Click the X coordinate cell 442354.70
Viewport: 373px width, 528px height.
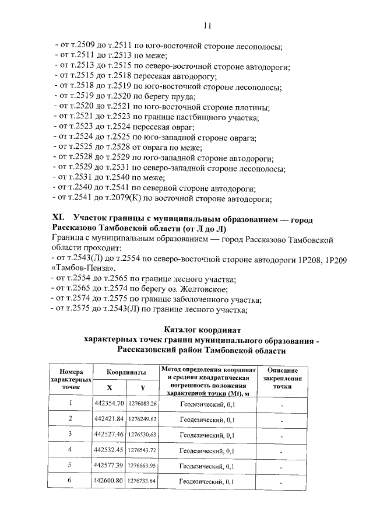pos(109,404)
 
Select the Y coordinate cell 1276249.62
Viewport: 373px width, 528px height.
pos(142,419)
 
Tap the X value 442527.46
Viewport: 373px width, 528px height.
pos(109,435)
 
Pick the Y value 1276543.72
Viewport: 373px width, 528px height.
pos(142,450)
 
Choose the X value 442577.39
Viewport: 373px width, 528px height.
pos(109,466)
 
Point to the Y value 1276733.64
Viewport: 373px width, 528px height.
pos(142,481)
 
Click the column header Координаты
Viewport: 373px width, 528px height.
pos(125,372)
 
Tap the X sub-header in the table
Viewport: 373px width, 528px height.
pos(109,387)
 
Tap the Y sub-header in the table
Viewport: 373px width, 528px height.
pos(142,387)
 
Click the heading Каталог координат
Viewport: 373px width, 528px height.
pos(202,330)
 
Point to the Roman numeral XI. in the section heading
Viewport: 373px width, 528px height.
pos(60,218)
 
